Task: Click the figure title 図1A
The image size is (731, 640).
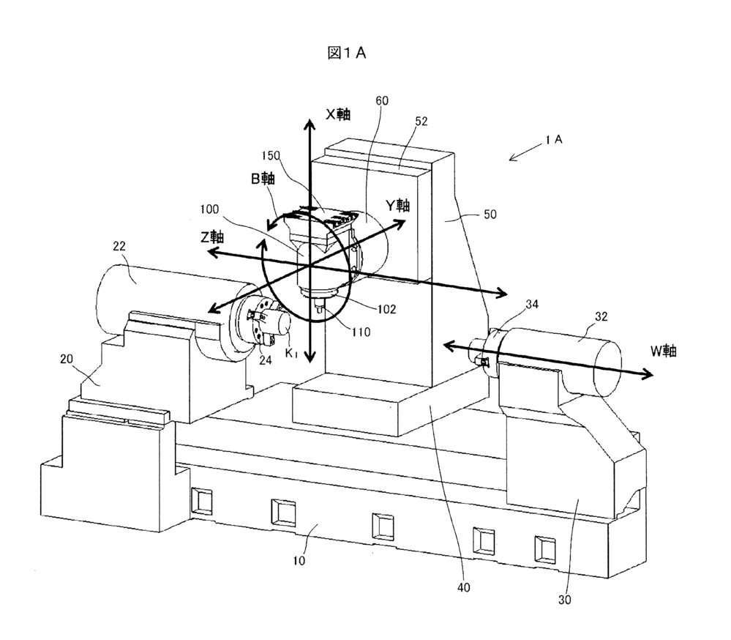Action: pyautogui.click(x=347, y=53)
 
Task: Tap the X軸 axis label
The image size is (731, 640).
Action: pyautogui.click(x=338, y=114)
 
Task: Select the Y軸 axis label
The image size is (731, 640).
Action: pyautogui.click(x=397, y=205)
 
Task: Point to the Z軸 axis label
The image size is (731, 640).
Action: pyautogui.click(x=212, y=237)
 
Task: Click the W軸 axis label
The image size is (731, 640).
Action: pyautogui.click(x=664, y=351)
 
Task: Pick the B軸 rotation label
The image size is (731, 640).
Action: pyautogui.click(x=263, y=178)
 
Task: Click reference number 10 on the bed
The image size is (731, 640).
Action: pyautogui.click(x=299, y=560)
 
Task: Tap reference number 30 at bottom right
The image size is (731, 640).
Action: pyautogui.click(x=565, y=600)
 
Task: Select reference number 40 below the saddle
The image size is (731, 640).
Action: pyautogui.click(x=463, y=587)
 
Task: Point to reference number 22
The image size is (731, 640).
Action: pyautogui.click(x=119, y=246)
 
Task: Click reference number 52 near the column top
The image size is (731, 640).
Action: pyautogui.click(x=421, y=122)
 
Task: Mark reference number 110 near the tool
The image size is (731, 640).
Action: pyautogui.click(x=361, y=332)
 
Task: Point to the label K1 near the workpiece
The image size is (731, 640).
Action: pyautogui.click(x=291, y=353)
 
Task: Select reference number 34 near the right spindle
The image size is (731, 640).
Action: pyautogui.click(x=532, y=304)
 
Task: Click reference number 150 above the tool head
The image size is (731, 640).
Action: pyautogui.click(x=271, y=155)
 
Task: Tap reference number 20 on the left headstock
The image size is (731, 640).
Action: pyautogui.click(x=67, y=359)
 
